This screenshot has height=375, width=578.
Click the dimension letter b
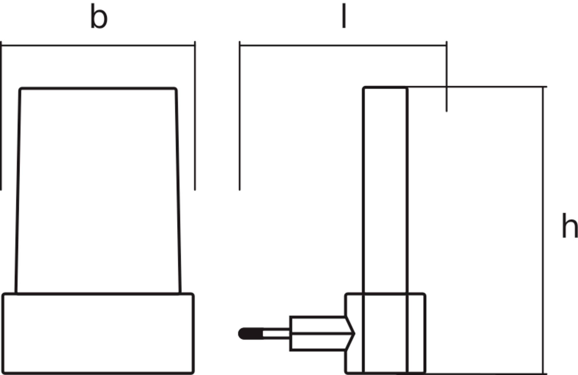point(99,17)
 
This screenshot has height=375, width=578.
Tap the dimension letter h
point(569,226)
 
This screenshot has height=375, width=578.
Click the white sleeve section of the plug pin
point(276,334)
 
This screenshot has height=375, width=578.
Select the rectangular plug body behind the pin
point(318,334)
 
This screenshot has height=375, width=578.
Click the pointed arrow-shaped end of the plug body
point(350,334)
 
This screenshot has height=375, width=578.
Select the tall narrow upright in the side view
point(385,230)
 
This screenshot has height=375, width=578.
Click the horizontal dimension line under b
point(98,45)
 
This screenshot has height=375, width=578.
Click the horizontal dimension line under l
point(343,45)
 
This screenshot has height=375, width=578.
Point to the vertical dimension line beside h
point(543,230)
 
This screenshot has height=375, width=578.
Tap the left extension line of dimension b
point(1,115)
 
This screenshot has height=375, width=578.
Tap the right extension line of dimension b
point(195,115)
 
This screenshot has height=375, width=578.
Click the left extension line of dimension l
point(240,115)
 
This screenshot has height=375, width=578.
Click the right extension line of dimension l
point(447,77)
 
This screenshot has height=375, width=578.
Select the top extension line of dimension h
point(477,87)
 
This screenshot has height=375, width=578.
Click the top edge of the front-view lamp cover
point(98,88)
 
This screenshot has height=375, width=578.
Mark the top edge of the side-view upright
point(385,87)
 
